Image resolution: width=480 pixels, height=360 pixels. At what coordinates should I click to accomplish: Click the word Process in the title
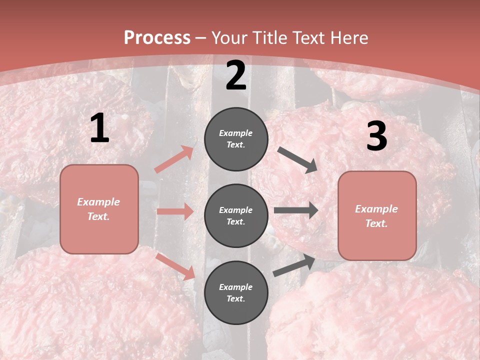tap(157, 38)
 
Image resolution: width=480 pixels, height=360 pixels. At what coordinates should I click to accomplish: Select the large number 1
tap(99, 128)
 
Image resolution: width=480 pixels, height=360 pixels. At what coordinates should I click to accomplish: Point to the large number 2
tap(236, 75)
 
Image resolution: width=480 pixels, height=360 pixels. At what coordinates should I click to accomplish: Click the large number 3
tap(376, 136)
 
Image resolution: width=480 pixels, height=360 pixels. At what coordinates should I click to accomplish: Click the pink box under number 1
tap(99, 209)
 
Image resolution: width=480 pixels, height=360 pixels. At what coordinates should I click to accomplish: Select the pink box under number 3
tap(377, 216)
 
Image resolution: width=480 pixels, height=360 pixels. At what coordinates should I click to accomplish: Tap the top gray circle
tap(236, 139)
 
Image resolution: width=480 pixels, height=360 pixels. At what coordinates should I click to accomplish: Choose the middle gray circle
tap(236, 216)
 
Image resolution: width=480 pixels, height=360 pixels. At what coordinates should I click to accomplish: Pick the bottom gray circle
tap(236, 293)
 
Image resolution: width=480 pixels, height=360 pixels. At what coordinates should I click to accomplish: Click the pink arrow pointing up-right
tap(174, 159)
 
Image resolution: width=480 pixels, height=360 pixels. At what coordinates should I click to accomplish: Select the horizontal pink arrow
tap(175, 211)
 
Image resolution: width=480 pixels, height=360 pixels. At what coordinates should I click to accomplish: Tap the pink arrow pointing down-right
tap(175, 266)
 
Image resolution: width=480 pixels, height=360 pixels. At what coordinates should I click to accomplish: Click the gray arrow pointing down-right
tap(297, 160)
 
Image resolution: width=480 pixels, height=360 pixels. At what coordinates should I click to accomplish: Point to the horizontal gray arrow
tap(296, 210)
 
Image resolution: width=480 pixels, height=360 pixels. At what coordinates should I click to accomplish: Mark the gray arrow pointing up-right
tap(294, 265)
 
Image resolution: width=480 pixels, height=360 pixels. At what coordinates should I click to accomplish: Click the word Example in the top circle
tap(236, 133)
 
